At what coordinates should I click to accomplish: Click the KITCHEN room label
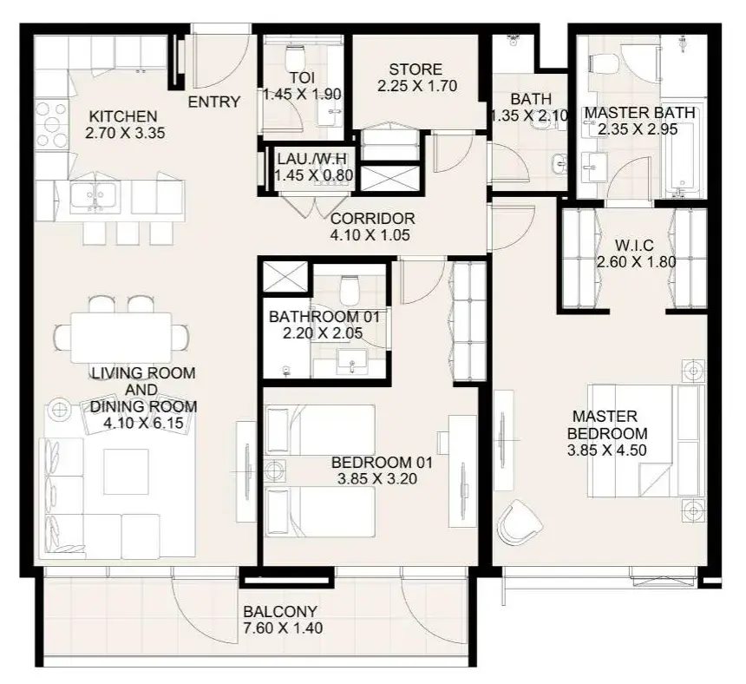tap(123, 116)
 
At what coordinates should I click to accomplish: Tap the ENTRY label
tap(214, 102)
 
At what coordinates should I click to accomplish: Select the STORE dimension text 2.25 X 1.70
tap(416, 86)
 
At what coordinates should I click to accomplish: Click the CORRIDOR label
tap(372, 219)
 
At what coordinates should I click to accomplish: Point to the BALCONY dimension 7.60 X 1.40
tap(283, 628)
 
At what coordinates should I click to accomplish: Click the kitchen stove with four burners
tap(52, 124)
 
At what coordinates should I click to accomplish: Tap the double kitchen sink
tap(95, 196)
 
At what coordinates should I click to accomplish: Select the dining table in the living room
tap(121, 338)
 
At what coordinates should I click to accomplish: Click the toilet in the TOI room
tap(295, 57)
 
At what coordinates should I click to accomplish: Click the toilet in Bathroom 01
tap(350, 291)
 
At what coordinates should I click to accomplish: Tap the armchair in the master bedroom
tap(519, 523)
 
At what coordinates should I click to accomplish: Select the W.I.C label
tap(634, 246)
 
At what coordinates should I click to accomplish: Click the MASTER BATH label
tap(640, 113)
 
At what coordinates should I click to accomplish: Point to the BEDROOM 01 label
tap(382, 463)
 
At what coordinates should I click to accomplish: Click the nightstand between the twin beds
tap(275, 471)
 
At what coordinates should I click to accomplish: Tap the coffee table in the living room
tap(126, 471)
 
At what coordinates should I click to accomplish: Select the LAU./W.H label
tap(312, 159)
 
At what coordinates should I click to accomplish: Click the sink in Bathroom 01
tap(351, 363)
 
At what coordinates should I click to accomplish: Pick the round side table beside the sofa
tap(60, 410)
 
